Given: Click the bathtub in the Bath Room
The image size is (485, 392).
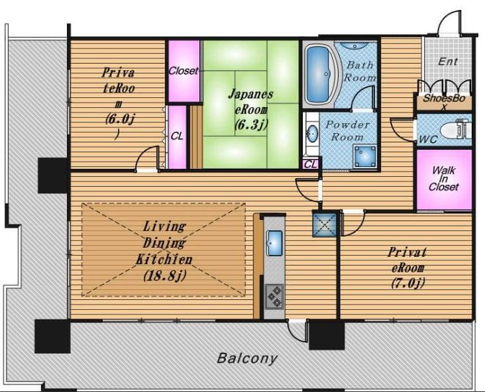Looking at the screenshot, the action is point(318,75).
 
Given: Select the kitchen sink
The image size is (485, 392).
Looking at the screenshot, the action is point(274,242).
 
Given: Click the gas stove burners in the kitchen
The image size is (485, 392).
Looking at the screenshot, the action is point(274,296).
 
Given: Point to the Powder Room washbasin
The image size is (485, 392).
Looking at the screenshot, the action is point(312,134).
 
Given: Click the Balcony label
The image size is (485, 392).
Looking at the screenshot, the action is point(247,358).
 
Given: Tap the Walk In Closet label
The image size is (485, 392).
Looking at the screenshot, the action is point(443,179).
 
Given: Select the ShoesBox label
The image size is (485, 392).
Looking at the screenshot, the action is point(444,102).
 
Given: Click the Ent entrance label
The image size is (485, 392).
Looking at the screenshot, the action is point(448,62).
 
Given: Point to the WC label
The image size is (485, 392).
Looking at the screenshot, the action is point(428,140).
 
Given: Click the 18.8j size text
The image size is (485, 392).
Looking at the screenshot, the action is point(164,275).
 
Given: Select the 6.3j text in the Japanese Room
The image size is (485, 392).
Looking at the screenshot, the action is point(250,124).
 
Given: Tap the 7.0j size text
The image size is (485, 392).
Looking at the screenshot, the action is point(408,283).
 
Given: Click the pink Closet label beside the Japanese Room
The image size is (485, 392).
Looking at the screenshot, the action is point(183,71).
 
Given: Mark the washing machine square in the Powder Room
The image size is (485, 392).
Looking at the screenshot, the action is point(365,156).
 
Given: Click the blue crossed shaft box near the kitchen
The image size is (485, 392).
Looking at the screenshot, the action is point(325,224).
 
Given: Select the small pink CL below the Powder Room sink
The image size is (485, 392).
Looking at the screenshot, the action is point(311,164).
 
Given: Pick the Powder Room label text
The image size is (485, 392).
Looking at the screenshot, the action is point(348,130).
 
